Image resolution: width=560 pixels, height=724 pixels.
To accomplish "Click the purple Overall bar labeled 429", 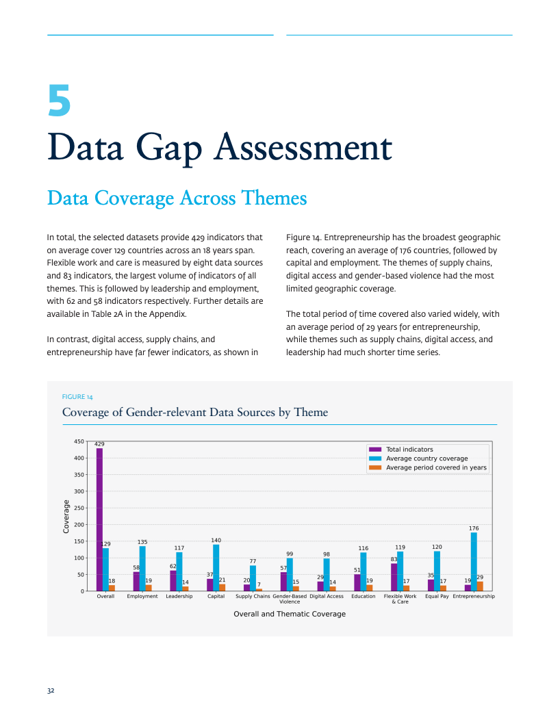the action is [x=99, y=519].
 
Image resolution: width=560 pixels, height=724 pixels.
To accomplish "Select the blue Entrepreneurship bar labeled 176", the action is [x=474, y=561].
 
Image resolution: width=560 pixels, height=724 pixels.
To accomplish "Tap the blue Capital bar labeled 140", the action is [x=216, y=567].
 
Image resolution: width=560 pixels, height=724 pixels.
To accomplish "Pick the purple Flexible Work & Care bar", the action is [x=394, y=577].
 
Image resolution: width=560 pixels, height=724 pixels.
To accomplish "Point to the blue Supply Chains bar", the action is [x=253, y=578].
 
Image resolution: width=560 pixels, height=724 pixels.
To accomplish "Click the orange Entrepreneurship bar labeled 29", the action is [x=480, y=586].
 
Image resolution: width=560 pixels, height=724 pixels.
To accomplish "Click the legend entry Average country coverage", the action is [x=418, y=458].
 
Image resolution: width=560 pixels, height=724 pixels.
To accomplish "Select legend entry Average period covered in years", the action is [x=427, y=467].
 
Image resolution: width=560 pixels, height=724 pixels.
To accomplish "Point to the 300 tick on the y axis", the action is [x=79, y=491].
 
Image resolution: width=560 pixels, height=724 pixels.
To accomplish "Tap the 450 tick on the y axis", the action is [x=79, y=441].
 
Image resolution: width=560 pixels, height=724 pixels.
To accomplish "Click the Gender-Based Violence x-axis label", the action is [x=290, y=599].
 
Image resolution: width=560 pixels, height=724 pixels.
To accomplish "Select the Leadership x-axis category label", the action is [x=179, y=596].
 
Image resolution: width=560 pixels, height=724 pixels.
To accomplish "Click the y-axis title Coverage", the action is [x=66, y=517].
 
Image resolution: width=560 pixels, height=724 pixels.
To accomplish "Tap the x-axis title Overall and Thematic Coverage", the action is [x=290, y=614].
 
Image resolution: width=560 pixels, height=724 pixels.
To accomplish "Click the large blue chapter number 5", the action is [x=59, y=100].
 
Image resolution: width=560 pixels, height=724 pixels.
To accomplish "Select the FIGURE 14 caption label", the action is [x=77, y=397].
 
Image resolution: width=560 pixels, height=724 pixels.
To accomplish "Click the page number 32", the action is [x=51, y=690].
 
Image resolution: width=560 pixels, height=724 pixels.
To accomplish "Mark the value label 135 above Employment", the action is [x=142, y=542].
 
